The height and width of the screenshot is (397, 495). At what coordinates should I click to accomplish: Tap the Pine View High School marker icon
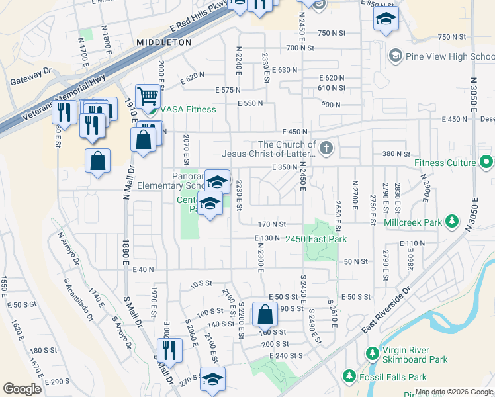point(396,56)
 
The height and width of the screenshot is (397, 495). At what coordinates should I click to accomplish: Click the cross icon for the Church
point(326,148)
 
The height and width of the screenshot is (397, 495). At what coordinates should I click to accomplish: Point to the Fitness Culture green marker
point(487,161)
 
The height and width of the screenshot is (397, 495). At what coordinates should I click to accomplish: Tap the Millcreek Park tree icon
point(452,222)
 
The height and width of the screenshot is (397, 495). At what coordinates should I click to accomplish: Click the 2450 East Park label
point(316,239)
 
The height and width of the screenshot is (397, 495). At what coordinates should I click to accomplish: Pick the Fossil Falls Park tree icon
point(349,376)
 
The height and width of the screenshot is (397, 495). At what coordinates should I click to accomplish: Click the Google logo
point(22,389)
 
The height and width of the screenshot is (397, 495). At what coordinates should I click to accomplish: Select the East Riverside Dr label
point(387,309)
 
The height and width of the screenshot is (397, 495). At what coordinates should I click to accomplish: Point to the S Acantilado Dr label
point(74,296)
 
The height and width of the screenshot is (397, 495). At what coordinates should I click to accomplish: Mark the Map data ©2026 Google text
point(454,392)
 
